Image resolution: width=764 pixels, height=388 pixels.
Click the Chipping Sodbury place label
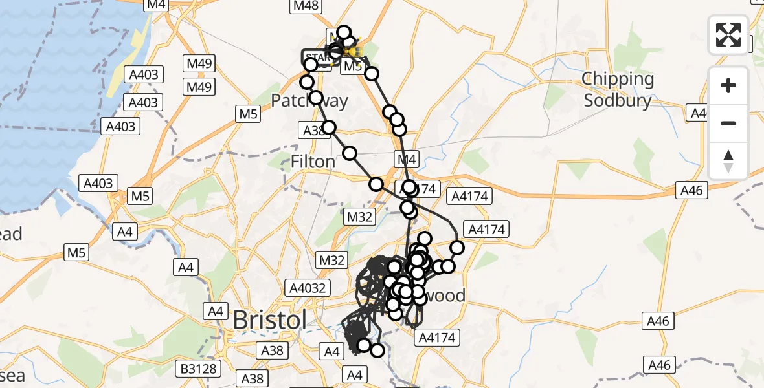618,90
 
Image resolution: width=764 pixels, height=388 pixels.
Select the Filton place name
313,161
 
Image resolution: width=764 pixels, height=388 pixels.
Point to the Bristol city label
269,320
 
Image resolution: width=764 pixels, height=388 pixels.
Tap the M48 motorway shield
306,6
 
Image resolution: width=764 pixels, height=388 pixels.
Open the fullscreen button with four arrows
728,35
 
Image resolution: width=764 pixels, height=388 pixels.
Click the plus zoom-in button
728,85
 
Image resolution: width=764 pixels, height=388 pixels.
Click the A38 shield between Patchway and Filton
314,131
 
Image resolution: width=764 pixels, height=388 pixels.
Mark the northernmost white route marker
343,32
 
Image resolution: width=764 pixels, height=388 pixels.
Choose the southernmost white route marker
376,350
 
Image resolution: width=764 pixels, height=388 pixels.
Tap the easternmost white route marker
457,247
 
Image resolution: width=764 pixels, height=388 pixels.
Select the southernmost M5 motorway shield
77,253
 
